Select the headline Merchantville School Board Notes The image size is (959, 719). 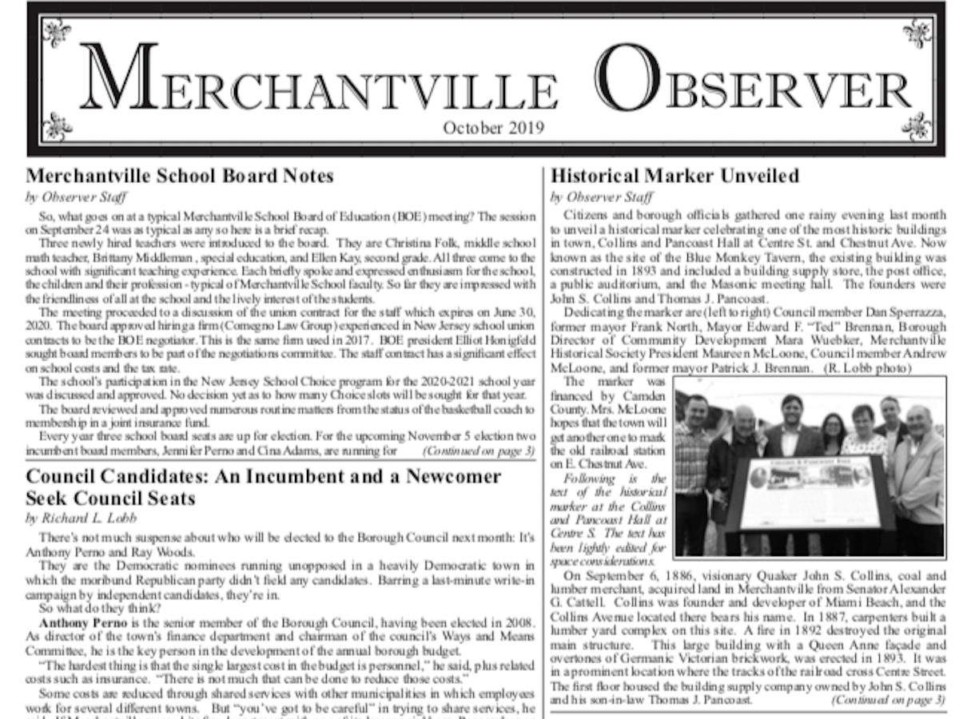(180, 176)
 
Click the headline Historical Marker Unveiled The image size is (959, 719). (675, 176)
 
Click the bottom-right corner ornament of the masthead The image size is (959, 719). (917, 127)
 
